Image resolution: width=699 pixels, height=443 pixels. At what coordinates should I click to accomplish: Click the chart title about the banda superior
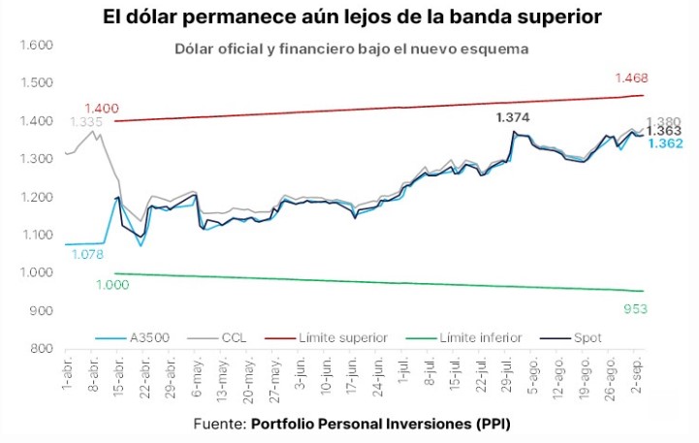tap(350, 17)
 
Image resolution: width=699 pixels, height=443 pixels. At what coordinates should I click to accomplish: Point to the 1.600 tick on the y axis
tap(36, 46)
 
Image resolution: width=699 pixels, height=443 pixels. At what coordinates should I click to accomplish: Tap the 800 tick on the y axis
tap(42, 349)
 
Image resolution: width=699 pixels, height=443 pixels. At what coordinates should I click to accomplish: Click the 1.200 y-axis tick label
tap(36, 197)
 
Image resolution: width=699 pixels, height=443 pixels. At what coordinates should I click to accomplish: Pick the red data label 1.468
tap(630, 78)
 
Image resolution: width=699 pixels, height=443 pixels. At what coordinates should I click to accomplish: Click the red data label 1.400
tap(101, 108)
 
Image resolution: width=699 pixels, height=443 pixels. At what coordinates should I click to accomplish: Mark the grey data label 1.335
tap(85, 122)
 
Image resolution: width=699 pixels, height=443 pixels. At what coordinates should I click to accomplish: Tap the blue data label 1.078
tap(88, 254)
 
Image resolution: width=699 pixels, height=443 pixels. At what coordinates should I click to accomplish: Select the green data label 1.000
tap(112, 284)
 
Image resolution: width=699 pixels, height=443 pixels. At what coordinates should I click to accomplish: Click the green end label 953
tap(634, 308)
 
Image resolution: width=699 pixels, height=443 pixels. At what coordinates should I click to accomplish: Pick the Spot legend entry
tap(586, 338)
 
